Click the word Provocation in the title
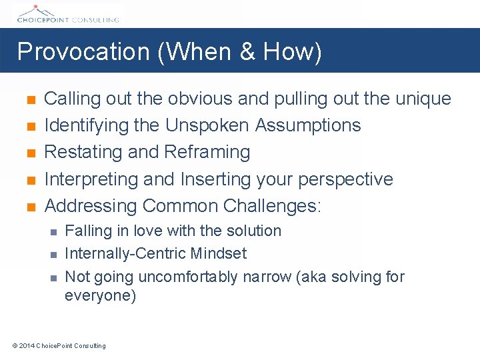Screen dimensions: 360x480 tap(84, 52)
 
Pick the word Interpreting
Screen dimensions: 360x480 tap(91, 179)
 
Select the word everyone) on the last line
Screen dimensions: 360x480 tap(100, 295)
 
